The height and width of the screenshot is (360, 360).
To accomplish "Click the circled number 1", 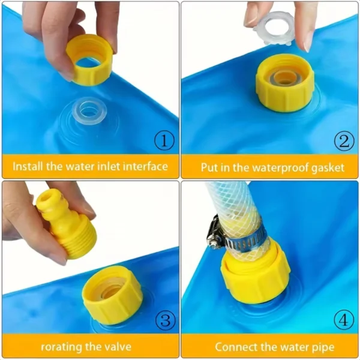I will click(x=164, y=142).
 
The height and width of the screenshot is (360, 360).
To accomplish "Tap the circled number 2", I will click(x=344, y=142).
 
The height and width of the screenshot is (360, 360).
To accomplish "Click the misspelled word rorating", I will click(x=60, y=347).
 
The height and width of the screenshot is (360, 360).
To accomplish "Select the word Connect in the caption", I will click(x=237, y=347).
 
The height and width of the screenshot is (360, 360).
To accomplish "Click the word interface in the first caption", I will click(x=145, y=166).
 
